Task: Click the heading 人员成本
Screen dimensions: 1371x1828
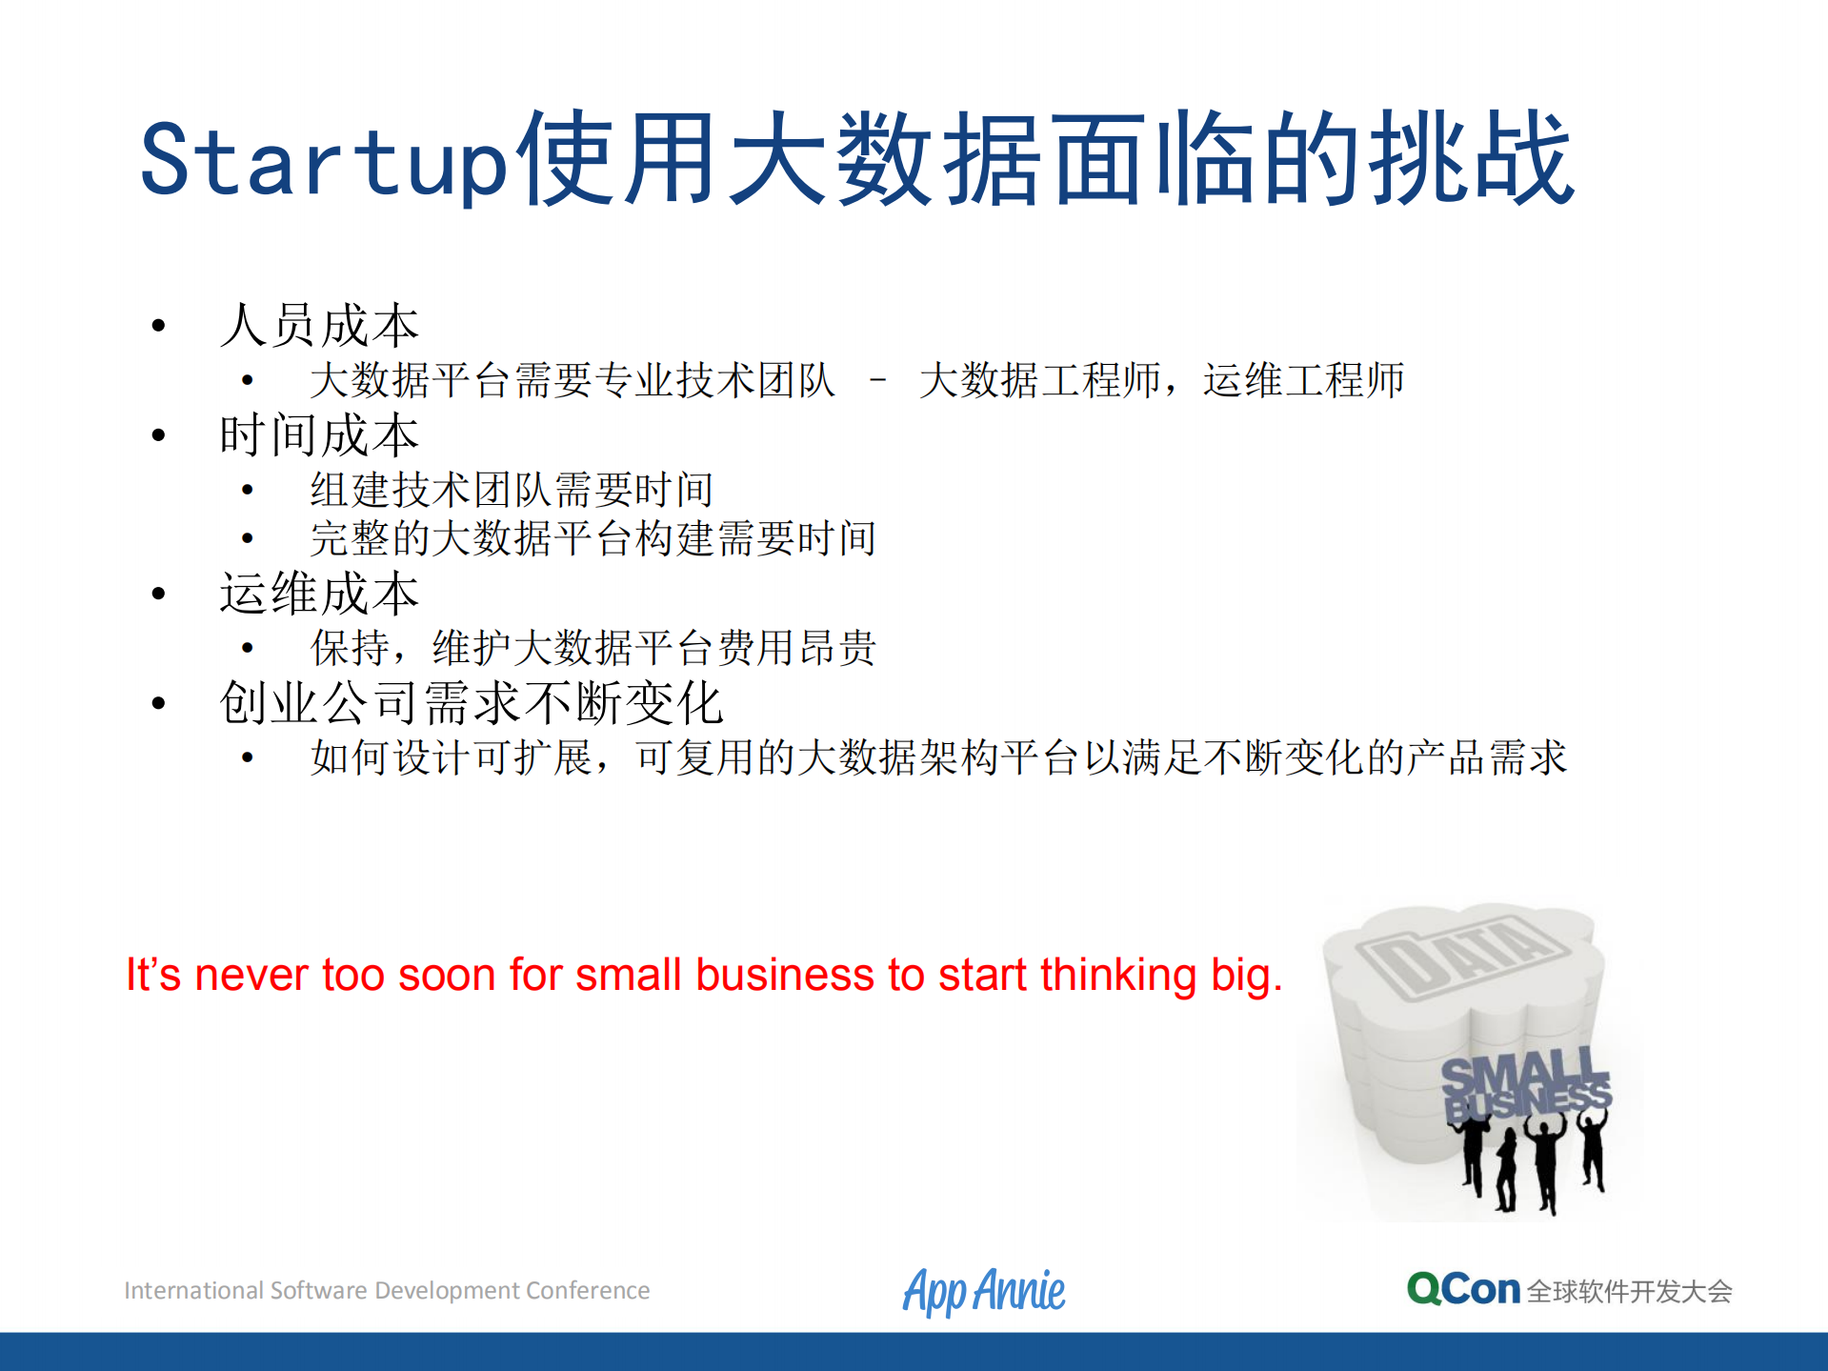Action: [x=319, y=326]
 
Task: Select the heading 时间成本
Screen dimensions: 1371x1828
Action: [x=319, y=436]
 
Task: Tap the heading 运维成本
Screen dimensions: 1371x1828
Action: [x=319, y=595]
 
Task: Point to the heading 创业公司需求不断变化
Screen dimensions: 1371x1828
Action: [x=472, y=704]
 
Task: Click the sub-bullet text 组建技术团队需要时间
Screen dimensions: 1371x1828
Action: [x=512, y=490]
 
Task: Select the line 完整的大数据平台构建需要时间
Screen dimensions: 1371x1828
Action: [x=593, y=539]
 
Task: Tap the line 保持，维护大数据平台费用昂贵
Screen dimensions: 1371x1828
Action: [x=593, y=649]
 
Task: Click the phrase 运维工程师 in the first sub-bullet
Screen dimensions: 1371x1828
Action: [x=1303, y=380]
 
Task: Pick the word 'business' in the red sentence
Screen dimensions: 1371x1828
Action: [x=784, y=976]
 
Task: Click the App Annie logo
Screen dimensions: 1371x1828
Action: [x=984, y=1291]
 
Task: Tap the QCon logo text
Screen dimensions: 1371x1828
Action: [x=1463, y=1289]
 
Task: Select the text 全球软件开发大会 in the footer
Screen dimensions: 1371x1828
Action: [x=1629, y=1292]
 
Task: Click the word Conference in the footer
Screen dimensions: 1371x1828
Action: [x=588, y=1291]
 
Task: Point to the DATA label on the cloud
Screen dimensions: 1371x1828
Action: [x=1462, y=955]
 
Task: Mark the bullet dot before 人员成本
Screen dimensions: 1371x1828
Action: [x=159, y=326]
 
